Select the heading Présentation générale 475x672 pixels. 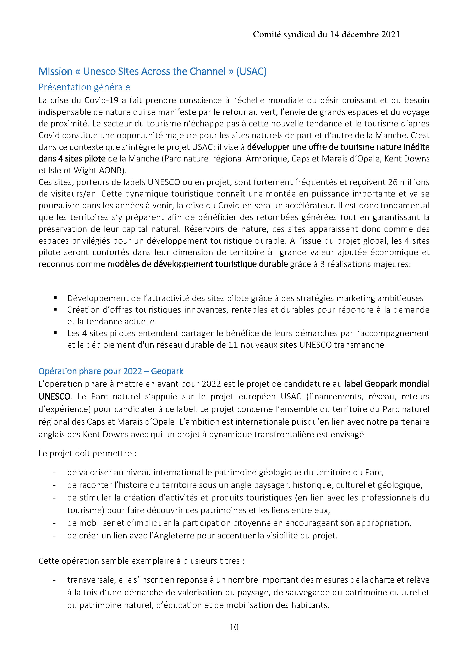tap(84, 87)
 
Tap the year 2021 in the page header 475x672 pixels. tap(391, 34)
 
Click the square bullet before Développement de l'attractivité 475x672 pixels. tap(55, 298)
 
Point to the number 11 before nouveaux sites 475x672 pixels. tap(233, 345)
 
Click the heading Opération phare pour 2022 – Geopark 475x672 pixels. tap(111, 371)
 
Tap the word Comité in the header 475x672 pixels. tap(267, 34)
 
